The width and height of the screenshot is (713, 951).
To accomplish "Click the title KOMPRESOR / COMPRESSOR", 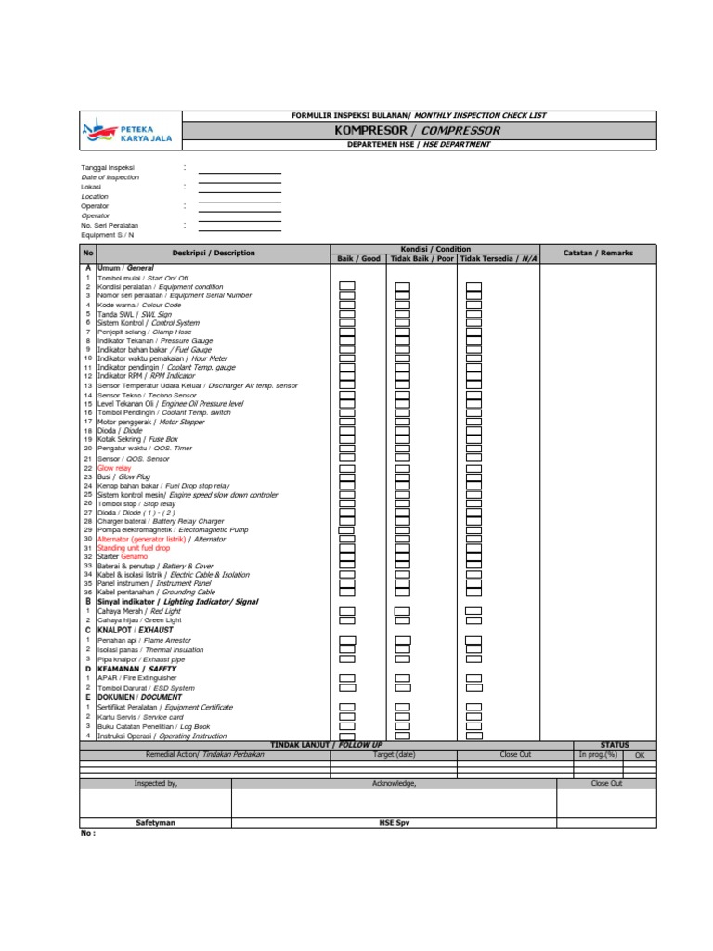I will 419,130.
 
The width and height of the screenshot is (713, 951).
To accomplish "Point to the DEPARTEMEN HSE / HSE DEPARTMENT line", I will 419,145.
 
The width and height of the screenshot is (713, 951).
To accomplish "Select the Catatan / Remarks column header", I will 598,253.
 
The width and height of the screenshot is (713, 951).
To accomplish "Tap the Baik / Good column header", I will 358,258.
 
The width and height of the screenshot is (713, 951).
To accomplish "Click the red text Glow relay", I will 114,469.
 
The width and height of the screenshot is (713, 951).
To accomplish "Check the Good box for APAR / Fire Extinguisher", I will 346,678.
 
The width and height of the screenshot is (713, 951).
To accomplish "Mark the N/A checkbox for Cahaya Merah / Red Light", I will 473,611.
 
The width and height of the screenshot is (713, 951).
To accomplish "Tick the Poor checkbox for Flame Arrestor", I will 402,640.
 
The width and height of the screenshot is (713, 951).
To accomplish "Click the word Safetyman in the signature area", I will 155,823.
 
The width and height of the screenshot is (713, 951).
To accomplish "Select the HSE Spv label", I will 394,823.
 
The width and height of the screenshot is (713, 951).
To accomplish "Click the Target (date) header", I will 394,755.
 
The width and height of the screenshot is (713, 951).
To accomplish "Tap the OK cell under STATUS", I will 640,755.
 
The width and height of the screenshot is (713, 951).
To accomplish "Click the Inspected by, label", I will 155,784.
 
